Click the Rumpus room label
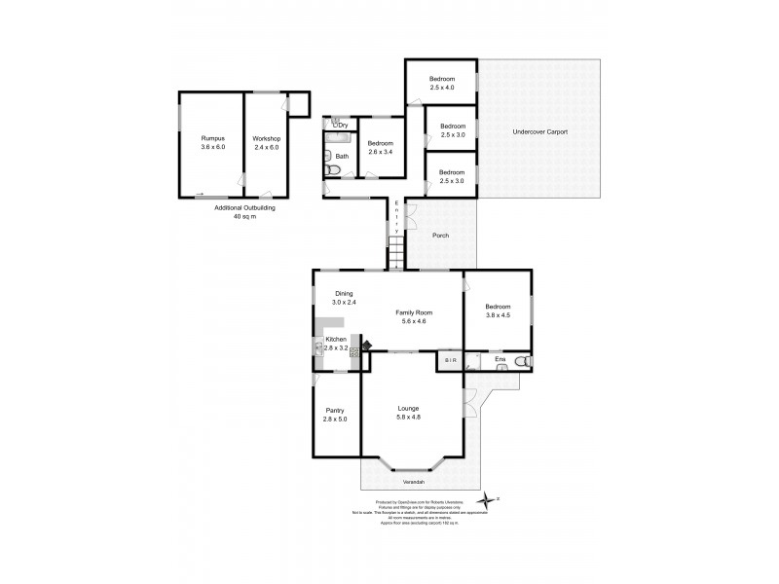[212, 139]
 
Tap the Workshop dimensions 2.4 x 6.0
[267, 149]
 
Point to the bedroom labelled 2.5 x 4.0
[442, 83]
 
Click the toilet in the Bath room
[332, 170]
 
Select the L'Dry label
[340, 125]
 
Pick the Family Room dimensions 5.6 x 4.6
[413, 320]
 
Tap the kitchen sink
[318, 346]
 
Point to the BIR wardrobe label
[450, 361]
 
